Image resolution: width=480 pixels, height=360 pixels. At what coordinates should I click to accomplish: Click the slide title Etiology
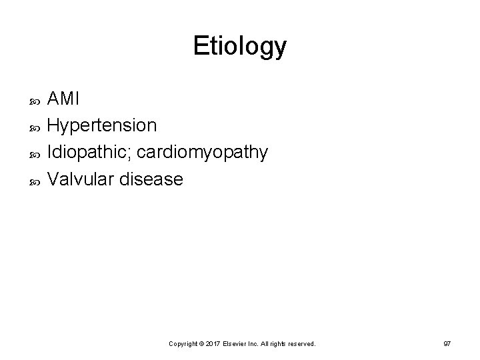[240, 47]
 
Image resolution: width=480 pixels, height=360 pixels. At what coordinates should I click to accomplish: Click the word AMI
[64, 99]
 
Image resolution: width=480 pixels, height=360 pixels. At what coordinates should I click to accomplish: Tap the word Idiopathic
[91, 153]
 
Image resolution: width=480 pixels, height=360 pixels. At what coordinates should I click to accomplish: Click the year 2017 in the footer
[211, 344]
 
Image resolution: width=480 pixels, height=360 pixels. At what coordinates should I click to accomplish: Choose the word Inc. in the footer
[257, 344]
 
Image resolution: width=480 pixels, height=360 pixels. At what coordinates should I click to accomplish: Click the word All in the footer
[268, 344]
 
